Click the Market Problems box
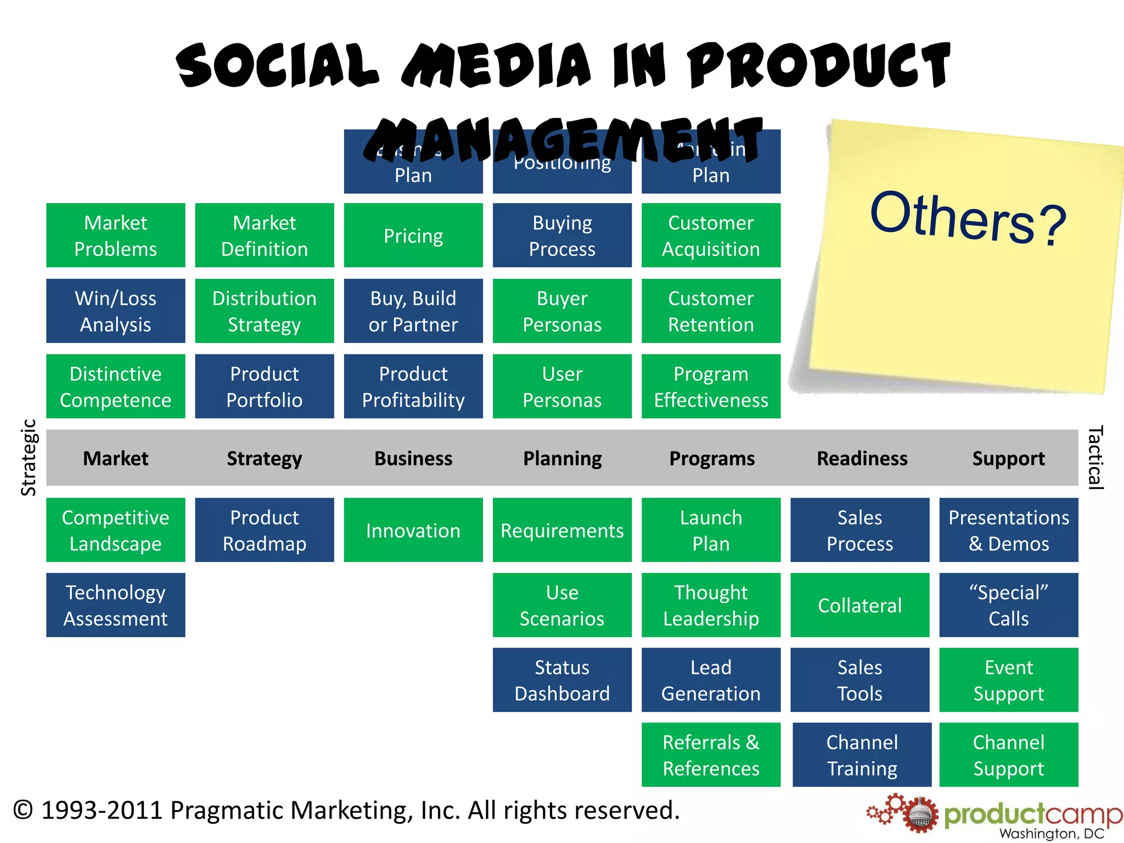tap(115, 235)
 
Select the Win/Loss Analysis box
tap(115, 311)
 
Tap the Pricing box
tap(413, 235)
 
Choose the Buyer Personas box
tap(562, 311)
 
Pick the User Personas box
tap(562, 386)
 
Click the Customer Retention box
tap(711, 311)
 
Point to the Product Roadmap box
tap(265, 530)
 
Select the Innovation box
tap(413, 530)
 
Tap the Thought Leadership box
tap(711, 605)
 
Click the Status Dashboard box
tap(562, 680)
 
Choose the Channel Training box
tap(862, 755)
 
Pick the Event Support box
tap(1009, 680)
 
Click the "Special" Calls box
tap(1009, 605)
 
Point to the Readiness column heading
tap(862, 458)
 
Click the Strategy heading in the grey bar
tap(265, 458)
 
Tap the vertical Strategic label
tap(29, 458)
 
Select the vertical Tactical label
tap(1095, 458)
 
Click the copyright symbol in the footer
tap(23, 810)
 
